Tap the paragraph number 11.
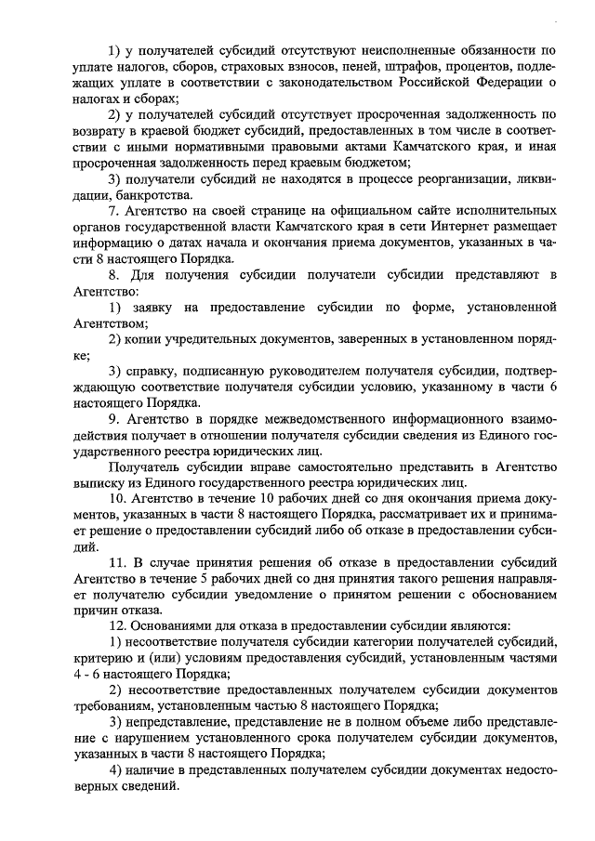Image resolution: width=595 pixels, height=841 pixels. tap(116, 563)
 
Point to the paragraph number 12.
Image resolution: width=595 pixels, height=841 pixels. tap(116, 625)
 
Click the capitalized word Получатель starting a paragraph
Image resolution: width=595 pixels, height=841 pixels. tap(146, 466)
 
